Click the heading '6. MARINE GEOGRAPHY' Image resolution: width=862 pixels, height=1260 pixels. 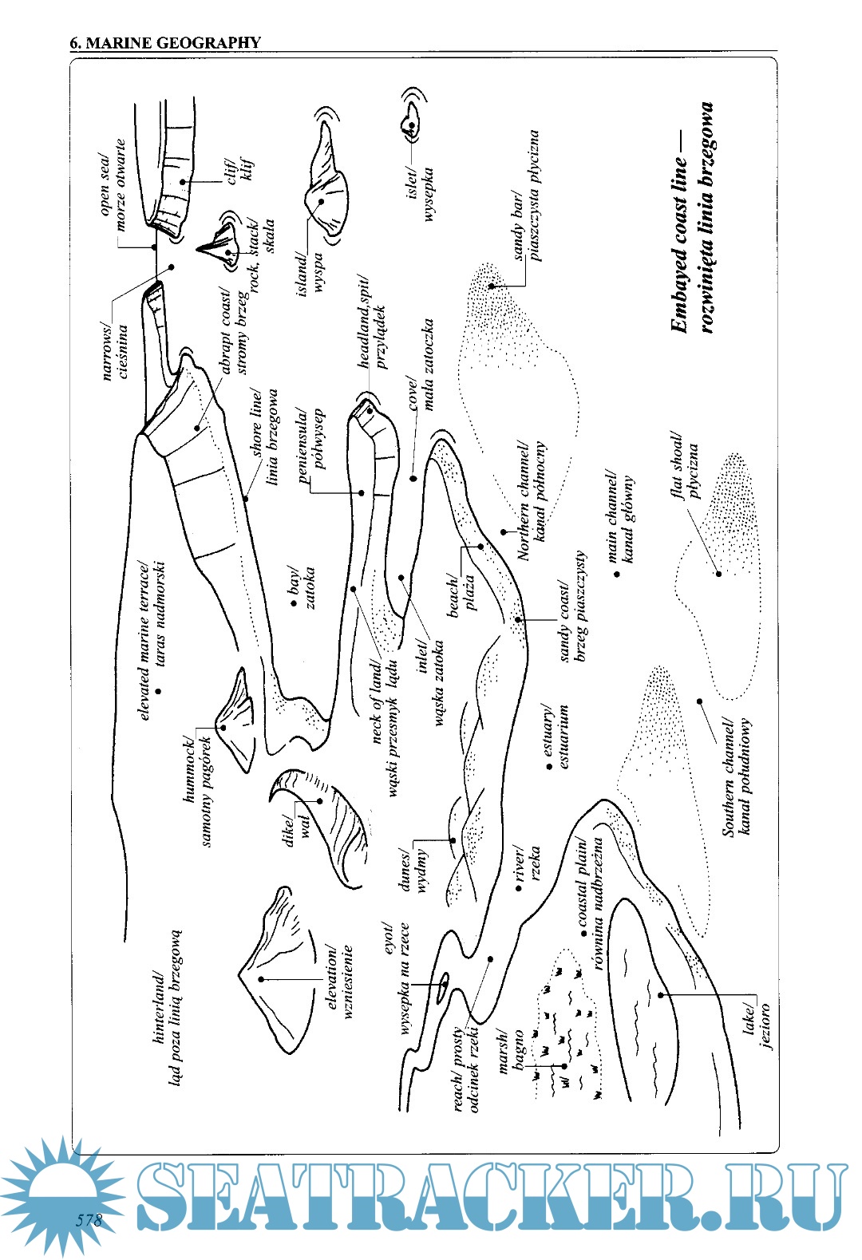[x=165, y=43]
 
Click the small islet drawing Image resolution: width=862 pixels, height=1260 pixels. [x=410, y=124]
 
